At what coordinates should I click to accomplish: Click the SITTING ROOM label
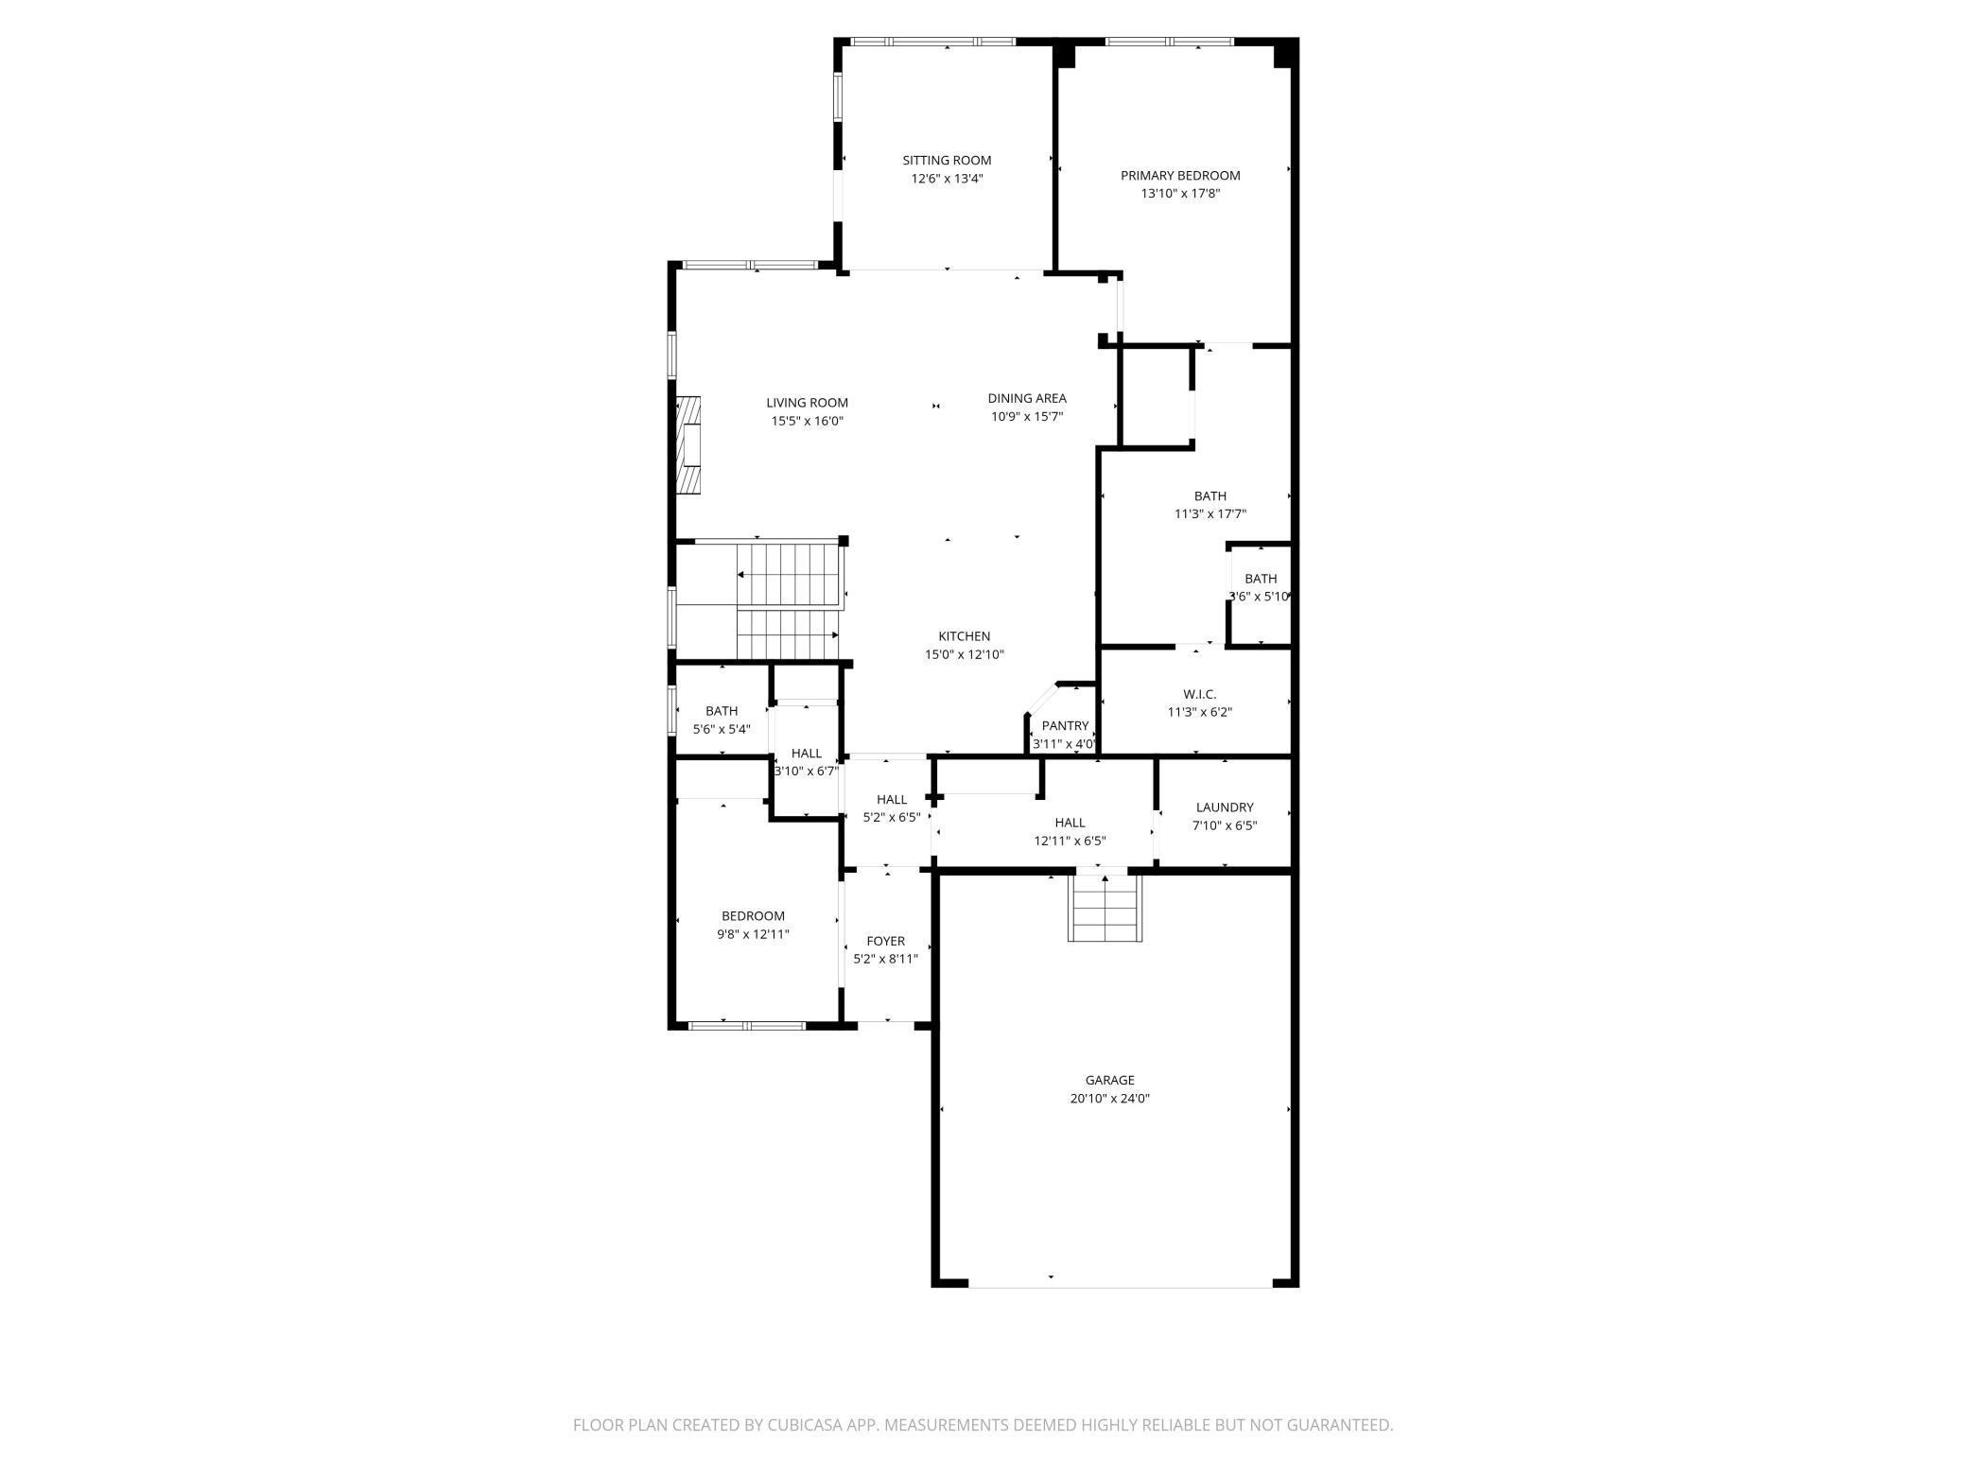(x=947, y=161)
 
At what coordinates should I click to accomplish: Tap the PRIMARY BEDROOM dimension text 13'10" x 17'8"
(x=1180, y=194)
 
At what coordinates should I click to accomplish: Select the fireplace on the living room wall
(x=689, y=444)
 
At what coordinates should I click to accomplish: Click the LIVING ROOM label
(x=807, y=403)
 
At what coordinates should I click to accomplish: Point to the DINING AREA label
(x=1027, y=398)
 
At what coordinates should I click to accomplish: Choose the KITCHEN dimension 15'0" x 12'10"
(x=964, y=654)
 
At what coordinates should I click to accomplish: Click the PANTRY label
(x=1065, y=726)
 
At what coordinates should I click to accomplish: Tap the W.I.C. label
(x=1199, y=694)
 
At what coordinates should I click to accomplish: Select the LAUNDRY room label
(x=1224, y=807)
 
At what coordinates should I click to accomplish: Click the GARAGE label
(x=1109, y=1080)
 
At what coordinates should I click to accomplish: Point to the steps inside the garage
(x=1105, y=909)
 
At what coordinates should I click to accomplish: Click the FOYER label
(x=885, y=941)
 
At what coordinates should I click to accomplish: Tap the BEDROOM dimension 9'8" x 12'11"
(x=753, y=934)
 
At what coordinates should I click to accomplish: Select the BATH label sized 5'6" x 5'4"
(x=722, y=711)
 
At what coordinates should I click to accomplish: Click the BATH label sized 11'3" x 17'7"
(x=1210, y=495)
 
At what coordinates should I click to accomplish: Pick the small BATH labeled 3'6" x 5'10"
(x=1260, y=579)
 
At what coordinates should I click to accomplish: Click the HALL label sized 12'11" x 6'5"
(x=1070, y=823)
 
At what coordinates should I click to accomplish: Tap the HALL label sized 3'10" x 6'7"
(x=807, y=754)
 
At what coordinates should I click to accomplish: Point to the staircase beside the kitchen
(x=788, y=600)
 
